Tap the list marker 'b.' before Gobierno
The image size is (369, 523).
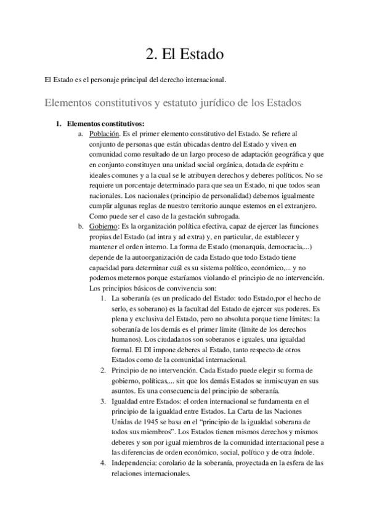(81, 226)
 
